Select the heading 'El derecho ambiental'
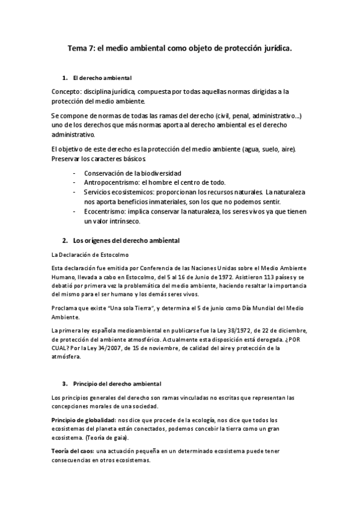click(x=102, y=79)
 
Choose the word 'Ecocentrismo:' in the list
click(x=105, y=211)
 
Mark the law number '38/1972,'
click(x=253, y=331)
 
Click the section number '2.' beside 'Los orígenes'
click(x=65, y=241)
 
